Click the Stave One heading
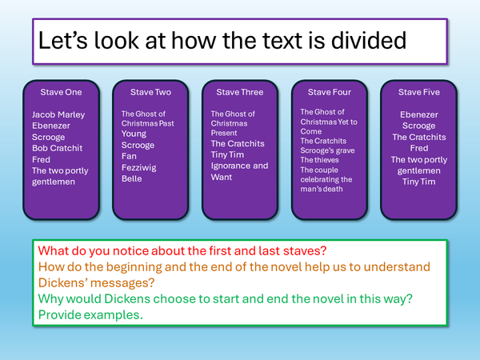(x=61, y=92)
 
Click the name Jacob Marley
(x=58, y=114)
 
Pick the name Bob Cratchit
(x=57, y=148)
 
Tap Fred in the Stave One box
(x=41, y=159)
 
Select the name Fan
(x=129, y=157)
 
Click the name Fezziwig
(x=138, y=168)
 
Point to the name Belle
(x=132, y=179)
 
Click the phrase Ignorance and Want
(x=239, y=171)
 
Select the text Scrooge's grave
(x=327, y=150)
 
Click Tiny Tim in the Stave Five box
(x=418, y=182)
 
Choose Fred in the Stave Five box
(x=418, y=148)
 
